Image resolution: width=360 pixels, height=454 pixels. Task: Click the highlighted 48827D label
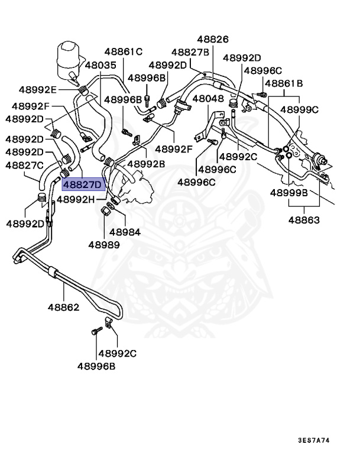83,184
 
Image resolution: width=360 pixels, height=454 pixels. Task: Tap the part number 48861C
124,51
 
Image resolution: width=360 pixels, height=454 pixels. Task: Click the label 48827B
190,52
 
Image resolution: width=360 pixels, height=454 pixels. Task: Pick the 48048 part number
208,99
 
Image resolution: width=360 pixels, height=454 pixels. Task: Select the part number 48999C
299,109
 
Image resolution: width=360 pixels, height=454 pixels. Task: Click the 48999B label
289,193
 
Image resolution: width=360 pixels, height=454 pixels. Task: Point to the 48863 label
304,220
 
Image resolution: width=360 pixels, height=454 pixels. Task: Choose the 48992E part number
37,90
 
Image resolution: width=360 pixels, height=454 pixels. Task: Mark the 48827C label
24,165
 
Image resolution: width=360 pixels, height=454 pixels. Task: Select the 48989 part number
104,244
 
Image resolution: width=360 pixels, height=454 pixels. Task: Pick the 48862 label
64,307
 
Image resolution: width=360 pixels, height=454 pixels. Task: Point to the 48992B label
147,163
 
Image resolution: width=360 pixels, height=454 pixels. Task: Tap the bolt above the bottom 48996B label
95,332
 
